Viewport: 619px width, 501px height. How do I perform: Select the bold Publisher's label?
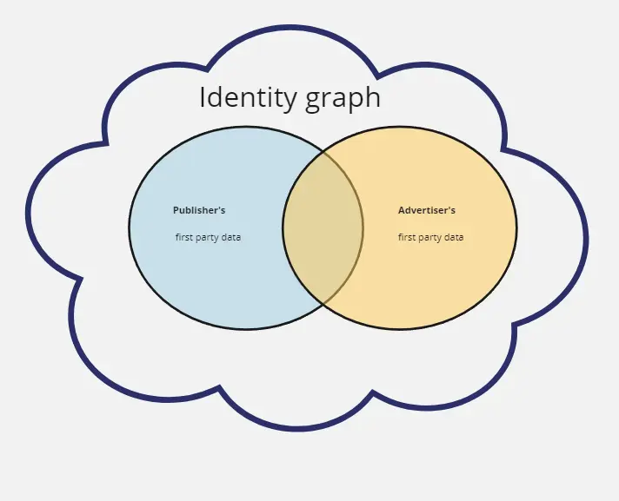tap(199, 210)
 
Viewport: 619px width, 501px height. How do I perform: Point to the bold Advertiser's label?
tap(427, 210)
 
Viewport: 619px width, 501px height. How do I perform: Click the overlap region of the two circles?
tap(323, 227)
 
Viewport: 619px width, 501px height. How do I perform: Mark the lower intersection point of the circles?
tap(323, 304)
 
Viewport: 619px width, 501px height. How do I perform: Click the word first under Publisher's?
tap(183, 237)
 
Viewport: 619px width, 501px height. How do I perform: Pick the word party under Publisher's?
tap(206, 238)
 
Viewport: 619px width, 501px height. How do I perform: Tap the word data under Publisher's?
tap(230, 237)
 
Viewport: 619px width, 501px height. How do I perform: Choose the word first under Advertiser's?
tap(406, 237)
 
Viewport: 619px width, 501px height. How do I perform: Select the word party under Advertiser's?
tap(429, 238)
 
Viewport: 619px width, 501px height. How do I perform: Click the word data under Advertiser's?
tap(453, 237)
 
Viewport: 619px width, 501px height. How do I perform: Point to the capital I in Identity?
tap(203, 97)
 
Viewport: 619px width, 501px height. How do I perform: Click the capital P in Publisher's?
tap(176, 210)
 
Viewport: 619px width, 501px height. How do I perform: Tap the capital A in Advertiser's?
tap(402, 210)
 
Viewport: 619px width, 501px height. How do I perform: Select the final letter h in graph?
tap(373, 96)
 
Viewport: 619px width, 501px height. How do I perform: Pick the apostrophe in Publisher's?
tap(218, 208)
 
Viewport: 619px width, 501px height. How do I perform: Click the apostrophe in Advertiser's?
tap(449, 208)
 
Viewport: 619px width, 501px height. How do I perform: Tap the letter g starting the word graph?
tap(313, 102)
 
